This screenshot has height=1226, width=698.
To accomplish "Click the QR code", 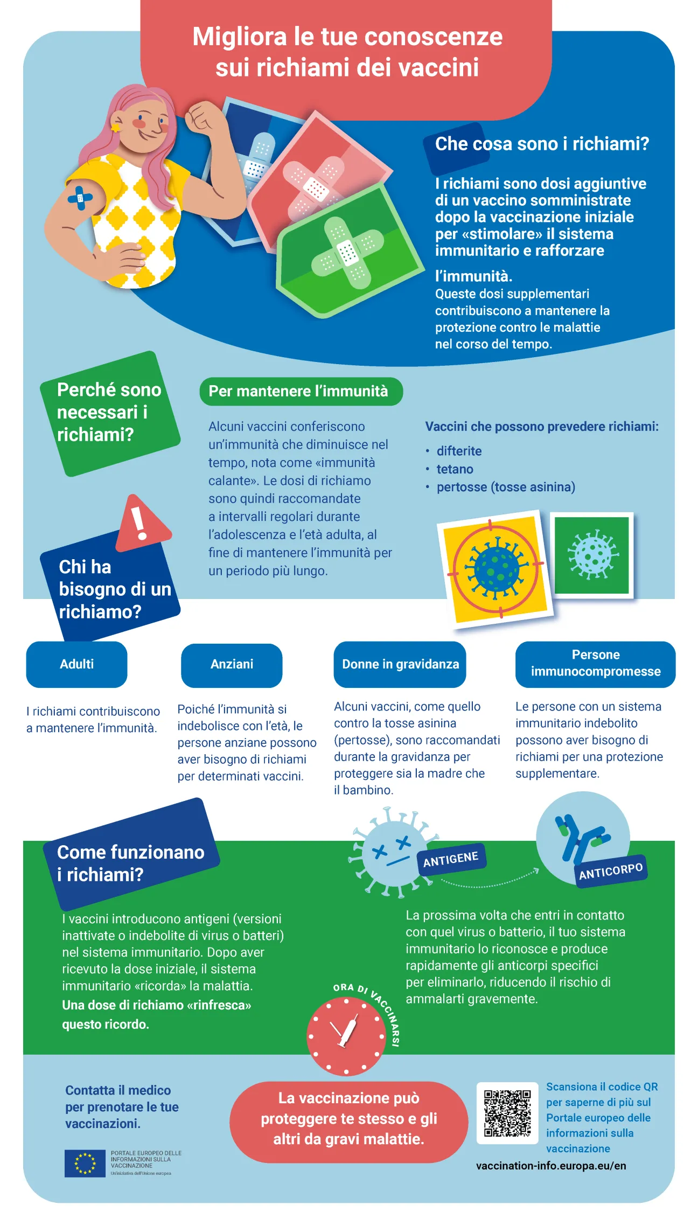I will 507,1113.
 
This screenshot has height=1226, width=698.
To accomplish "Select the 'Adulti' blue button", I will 76,664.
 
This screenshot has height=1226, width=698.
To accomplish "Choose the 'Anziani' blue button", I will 232,664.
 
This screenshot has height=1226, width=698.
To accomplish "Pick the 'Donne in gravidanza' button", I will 400,664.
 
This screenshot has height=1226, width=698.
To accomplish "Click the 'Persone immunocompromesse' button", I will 595,664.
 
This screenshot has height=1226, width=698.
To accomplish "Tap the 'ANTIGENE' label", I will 451,859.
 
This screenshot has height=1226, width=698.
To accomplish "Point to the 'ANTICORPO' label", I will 611,870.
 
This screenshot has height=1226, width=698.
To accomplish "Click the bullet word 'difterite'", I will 459,451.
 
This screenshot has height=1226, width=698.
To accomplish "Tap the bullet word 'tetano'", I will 455,469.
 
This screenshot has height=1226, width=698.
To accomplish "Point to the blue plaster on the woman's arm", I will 81,198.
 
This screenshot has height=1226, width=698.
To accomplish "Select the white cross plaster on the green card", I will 347,252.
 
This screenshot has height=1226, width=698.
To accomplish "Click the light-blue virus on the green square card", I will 592,554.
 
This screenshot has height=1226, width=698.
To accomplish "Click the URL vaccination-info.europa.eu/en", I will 551,1166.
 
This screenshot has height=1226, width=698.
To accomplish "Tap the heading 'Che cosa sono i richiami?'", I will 542,144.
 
